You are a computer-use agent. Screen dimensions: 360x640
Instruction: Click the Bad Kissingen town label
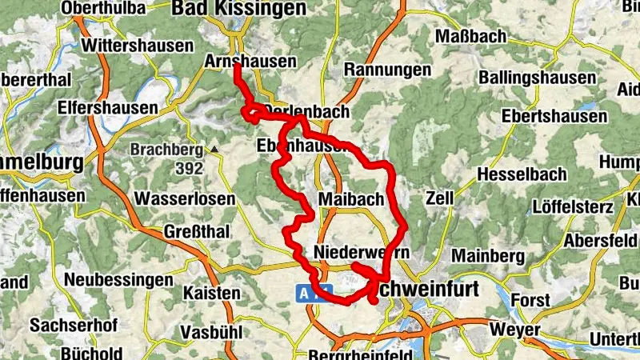238,9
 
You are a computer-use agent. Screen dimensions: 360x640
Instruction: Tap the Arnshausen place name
250,62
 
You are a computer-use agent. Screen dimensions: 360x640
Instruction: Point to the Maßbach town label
471,37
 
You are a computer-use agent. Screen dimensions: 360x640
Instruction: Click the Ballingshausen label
537,78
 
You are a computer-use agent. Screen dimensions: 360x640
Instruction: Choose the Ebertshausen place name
554,117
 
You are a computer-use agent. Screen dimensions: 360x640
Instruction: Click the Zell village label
440,197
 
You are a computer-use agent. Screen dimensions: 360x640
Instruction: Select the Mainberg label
487,256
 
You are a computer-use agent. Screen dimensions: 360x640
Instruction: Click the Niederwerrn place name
362,252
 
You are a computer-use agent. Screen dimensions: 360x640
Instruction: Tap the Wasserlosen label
185,198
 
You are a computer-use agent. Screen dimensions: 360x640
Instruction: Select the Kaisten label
211,293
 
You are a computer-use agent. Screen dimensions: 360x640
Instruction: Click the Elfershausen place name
107,107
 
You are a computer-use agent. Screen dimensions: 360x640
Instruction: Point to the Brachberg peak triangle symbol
214,149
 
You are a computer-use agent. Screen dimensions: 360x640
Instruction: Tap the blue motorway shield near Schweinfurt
306,294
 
